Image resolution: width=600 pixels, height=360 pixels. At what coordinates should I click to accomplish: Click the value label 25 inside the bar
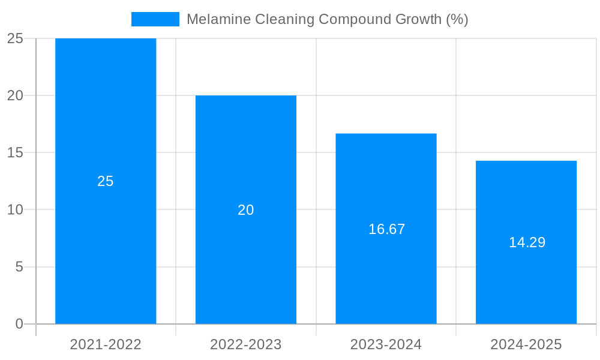click(x=106, y=181)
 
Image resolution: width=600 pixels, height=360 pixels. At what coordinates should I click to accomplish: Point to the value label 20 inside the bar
click(x=246, y=210)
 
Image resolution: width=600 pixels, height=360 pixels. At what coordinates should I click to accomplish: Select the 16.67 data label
click(x=386, y=229)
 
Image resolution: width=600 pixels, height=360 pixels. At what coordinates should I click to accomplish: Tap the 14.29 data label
click(x=527, y=242)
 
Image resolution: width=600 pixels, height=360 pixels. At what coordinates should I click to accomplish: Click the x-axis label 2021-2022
click(x=106, y=344)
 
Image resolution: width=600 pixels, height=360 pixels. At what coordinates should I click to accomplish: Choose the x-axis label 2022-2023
click(x=246, y=344)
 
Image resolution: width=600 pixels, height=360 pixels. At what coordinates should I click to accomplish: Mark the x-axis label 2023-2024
click(x=386, y=344)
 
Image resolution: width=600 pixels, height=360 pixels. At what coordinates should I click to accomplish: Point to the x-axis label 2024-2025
click(x=526, y=344)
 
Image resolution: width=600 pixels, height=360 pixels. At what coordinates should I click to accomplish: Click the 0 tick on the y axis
click(x=19, y=324)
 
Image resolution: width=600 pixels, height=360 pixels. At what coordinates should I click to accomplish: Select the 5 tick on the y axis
click(x=19, y=267)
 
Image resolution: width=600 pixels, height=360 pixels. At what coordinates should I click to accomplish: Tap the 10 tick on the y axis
click(x=15, y=210)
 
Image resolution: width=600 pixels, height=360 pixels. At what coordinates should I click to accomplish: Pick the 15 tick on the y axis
click(x=15, y=153)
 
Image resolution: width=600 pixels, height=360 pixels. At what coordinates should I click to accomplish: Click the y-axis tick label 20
click(x=15, y=96)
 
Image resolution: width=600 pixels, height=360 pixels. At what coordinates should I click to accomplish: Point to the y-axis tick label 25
click(x=15, y=39)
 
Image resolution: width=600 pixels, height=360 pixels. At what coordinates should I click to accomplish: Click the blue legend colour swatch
click(x=155, y=19)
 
